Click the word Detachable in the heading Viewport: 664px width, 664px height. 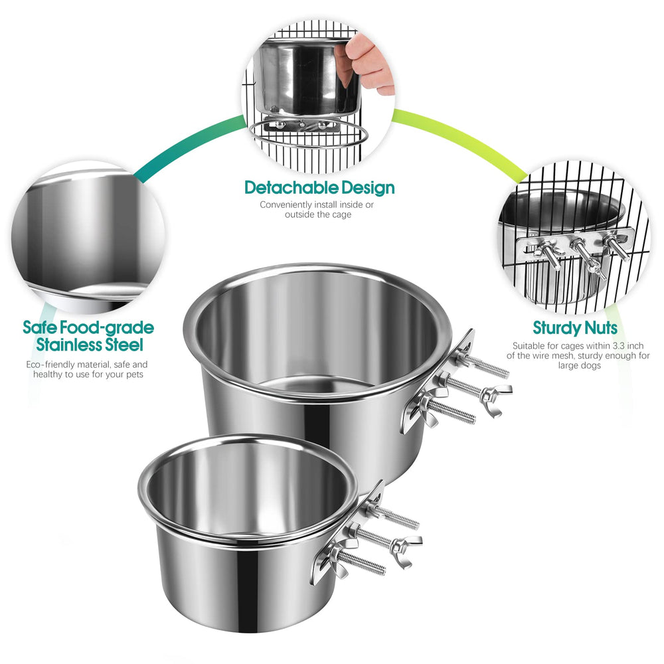290,188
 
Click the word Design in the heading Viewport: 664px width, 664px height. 365,188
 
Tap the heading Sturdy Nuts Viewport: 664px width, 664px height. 575,328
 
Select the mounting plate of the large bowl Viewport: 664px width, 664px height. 435,382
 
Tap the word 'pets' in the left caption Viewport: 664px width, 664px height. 131,374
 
